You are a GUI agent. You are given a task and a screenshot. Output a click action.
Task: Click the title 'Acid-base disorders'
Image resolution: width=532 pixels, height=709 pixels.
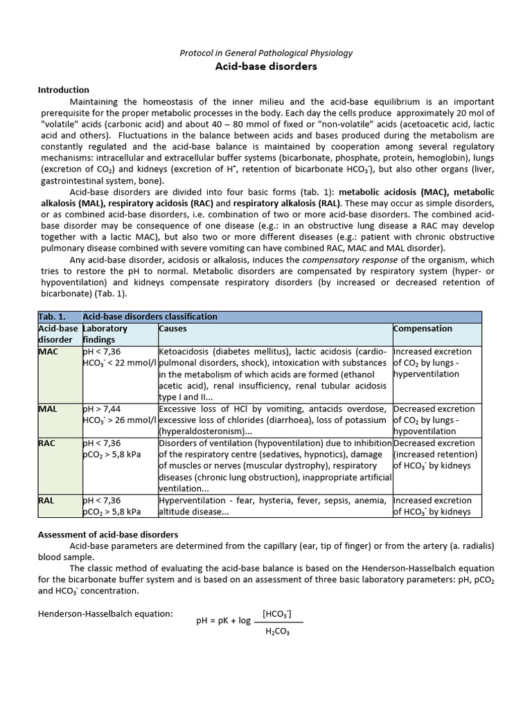point(267,66)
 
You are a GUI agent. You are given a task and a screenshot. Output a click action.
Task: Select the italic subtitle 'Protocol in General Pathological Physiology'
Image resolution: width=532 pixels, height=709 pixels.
point(266,53)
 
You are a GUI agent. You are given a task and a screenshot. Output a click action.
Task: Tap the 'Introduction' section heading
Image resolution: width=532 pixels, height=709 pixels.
point(63,90)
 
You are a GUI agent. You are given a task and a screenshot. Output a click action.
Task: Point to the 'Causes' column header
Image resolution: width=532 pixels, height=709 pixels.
point(173,329)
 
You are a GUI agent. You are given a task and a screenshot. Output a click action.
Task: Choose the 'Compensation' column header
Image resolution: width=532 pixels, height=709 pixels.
point(423,329)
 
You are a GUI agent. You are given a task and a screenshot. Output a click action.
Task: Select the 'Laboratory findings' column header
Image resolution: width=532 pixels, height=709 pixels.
point(105,334)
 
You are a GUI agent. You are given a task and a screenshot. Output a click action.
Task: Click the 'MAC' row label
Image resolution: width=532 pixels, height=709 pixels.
point(48,352)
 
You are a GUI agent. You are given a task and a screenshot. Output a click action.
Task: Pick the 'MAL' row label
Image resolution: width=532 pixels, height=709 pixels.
point(48,409)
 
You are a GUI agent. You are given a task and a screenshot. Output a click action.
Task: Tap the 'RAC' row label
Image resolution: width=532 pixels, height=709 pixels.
point(47,443)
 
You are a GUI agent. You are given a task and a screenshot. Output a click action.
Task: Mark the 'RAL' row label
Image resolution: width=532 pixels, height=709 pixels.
point(47,501)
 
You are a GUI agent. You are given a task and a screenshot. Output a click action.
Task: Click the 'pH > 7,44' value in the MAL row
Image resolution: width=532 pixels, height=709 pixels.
point(101,409)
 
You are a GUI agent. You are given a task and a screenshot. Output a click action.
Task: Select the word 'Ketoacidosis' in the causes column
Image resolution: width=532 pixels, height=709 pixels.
point(184,352)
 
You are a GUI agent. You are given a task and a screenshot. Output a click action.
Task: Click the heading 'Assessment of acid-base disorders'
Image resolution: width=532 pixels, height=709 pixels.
point(108,535)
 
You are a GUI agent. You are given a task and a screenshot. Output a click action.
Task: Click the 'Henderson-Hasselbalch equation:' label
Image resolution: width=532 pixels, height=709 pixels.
point(105,614)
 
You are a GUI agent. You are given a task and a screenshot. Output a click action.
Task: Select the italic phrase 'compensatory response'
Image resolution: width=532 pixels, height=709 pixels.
point(346,260)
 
